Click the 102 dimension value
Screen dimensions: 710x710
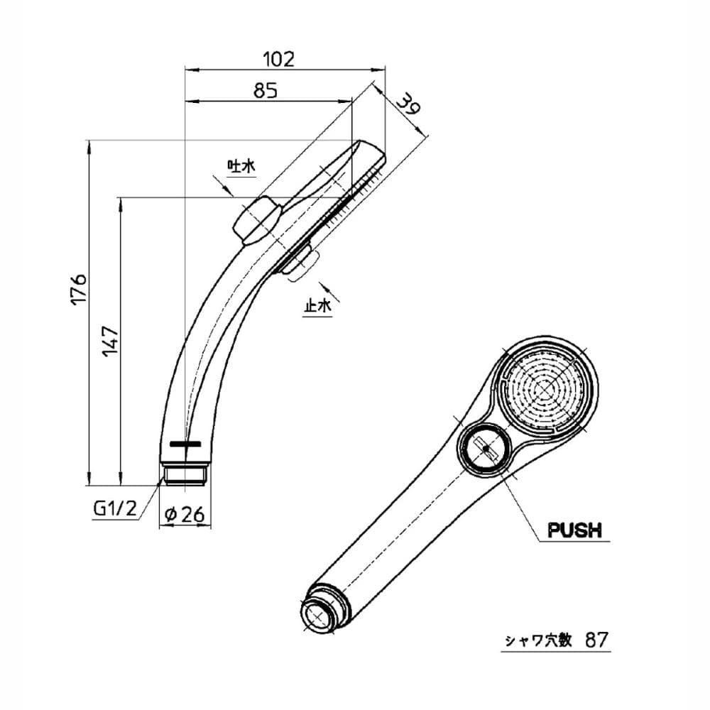pos(278,59)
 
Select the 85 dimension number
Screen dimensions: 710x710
pos(264,90)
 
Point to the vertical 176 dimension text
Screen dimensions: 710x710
pos(79,288)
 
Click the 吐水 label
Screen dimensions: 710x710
pos(240,167)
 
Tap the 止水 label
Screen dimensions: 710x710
pos(318,307)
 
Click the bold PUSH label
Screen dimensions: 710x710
pos(574,530)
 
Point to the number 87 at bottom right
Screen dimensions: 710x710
pos(597,640)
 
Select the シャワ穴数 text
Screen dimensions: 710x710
pos(537,640)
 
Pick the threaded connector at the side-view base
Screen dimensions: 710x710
pos(184,473)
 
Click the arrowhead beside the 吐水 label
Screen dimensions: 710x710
pos(229,191)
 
